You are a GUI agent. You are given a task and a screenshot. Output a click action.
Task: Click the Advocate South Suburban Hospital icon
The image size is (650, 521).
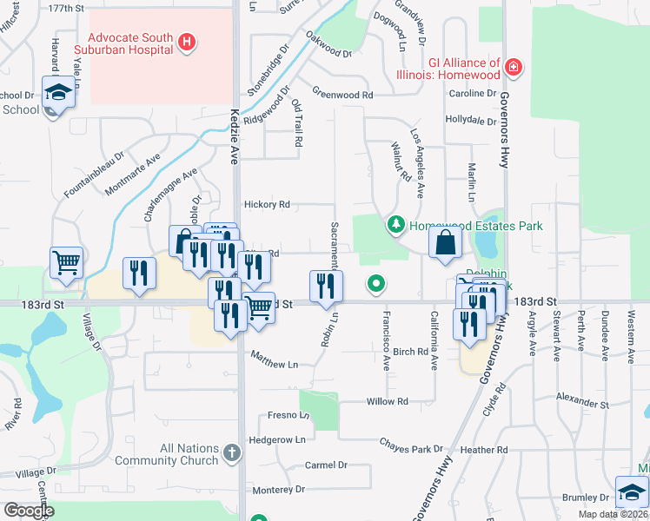click(x=185, y=42)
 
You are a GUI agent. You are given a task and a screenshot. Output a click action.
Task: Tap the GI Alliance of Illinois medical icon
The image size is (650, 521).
click(x=514, y=67)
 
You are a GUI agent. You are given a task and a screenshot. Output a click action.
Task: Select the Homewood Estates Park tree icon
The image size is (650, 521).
click(x=396, y=226)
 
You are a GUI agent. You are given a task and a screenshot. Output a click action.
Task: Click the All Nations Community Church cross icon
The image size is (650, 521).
click(x=230, y=452)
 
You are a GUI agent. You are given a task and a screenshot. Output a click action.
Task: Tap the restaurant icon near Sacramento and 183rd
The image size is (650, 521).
click(x=326, y=285)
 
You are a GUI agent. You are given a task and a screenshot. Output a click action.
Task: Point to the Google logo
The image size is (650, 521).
click(x=29, y=511)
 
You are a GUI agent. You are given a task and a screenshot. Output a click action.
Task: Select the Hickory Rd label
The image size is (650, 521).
click(x=267, y=205)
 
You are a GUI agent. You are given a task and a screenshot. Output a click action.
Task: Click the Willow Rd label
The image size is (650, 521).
click(x=387, y=402)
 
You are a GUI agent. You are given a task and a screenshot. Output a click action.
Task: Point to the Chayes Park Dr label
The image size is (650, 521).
click(x=411, y=445)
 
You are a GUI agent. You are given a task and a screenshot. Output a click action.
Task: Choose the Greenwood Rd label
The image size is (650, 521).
click(x=342, y=95)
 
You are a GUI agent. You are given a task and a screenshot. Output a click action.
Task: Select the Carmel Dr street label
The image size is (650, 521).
click(x=326, y=465)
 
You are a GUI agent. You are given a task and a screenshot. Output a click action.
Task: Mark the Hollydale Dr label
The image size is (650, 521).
click(x=469, y=120)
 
